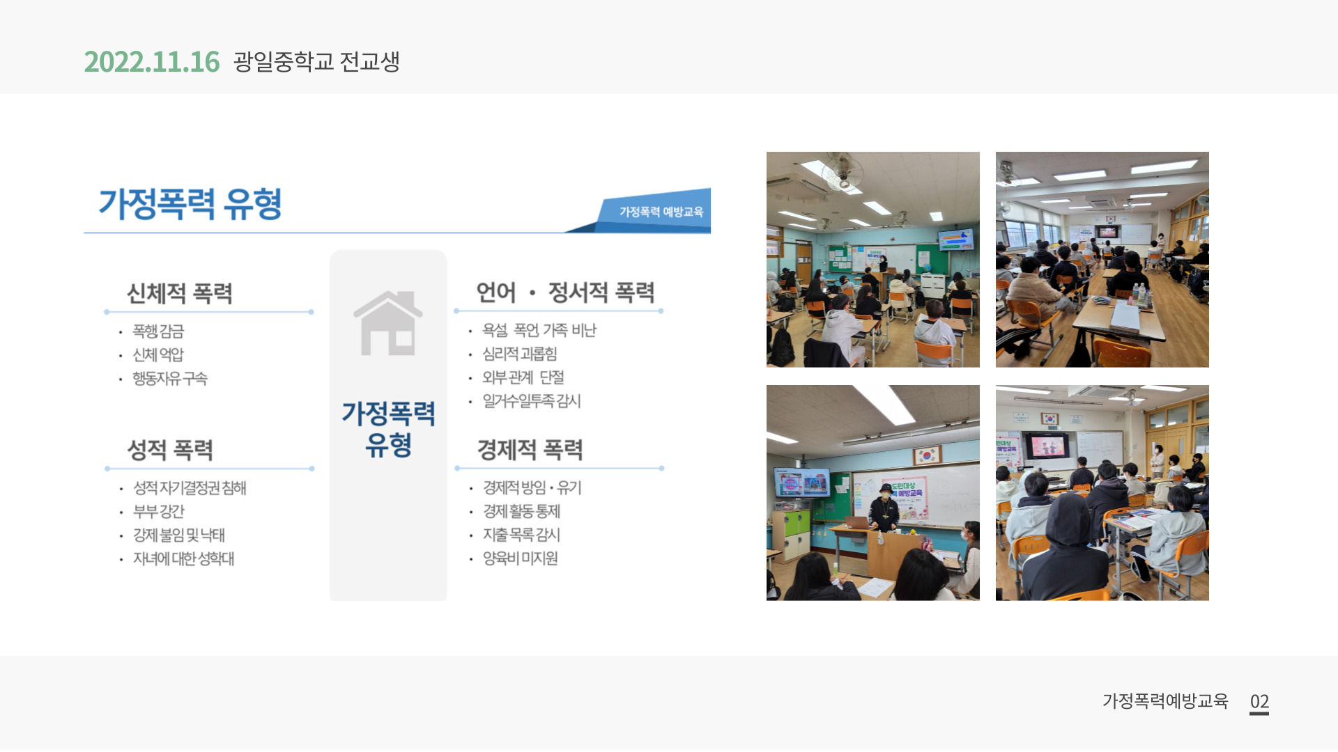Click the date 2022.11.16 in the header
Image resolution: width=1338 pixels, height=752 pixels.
click(x=152, y=62)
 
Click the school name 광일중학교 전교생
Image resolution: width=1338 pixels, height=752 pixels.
click(x=316, y=62)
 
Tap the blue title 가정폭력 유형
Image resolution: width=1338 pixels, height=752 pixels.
click(x=190, y=204)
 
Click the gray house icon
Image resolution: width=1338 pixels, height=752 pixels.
click(x=388, y=323)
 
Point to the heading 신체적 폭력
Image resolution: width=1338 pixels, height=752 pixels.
click(x=179, y=293)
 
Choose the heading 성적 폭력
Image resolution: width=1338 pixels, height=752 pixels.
click(x=170, y=450)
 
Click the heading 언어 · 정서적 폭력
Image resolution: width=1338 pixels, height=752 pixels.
click(x=565, y=292)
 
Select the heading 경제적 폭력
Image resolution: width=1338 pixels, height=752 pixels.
click(x=530, y=450)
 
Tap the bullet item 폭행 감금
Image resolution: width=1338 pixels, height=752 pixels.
click(x=158, y=331)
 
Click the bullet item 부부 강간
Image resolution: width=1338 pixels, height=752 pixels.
click(x=159, y=512)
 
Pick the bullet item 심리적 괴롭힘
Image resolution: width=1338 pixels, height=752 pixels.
click(x=520, y=354)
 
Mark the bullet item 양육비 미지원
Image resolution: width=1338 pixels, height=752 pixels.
click(x=521, y=558)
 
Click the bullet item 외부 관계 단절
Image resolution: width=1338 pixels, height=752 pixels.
click(x=523, y=377)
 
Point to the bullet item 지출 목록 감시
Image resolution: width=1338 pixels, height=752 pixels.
click(x=522, y=535)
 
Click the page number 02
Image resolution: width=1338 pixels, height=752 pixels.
click(x=1259, y=701)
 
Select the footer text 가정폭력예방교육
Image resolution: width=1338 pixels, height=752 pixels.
click(x=1165, y=701)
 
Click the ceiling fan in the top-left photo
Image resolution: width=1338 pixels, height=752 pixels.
click(x=843, y=171)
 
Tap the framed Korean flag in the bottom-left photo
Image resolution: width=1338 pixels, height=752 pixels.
click(x=928, y=455)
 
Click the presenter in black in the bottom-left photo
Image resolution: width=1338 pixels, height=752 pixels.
click(x=884, y=513)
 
